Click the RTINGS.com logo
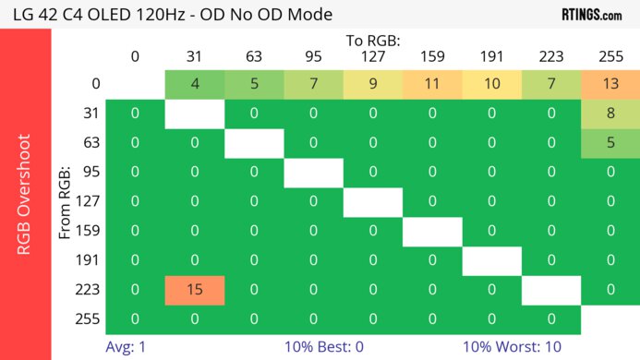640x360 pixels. tap(591, 15)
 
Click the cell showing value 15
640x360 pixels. tap(195, 290)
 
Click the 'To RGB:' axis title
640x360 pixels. tap(373, 42)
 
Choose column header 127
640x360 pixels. tap(373, 57)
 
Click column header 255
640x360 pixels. tap(610, 57)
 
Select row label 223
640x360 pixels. tap(90, 290)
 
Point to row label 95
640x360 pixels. tap(90, 173)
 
